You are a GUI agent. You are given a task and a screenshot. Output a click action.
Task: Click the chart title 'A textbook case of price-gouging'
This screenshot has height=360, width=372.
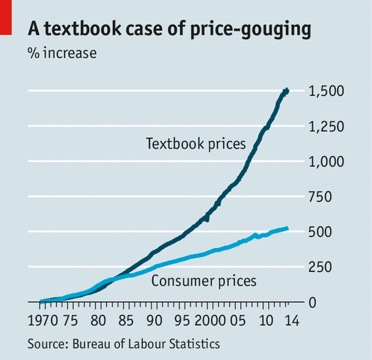169,29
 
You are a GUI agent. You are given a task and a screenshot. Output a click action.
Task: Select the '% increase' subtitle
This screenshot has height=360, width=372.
62,53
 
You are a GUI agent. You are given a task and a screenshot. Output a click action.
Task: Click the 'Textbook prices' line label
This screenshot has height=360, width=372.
196,143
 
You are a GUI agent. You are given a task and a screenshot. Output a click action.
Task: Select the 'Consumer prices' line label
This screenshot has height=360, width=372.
203,281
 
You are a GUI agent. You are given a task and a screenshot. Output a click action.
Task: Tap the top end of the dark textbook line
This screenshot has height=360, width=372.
287,91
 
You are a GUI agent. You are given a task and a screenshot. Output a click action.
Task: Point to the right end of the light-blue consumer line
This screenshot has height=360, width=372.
286,228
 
